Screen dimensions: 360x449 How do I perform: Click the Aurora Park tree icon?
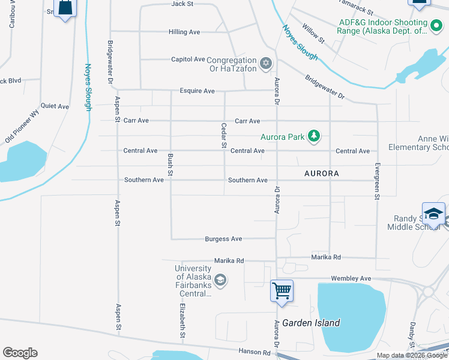coord(313,136)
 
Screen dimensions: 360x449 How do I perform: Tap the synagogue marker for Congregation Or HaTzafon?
coord(266,63)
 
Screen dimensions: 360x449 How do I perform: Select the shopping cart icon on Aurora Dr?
coord(282,290)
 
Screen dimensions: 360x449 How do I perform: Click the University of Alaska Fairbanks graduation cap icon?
coord(220,280)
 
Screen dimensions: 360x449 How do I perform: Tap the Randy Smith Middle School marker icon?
coord(433,214)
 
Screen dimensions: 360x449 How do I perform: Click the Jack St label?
coord(182,4)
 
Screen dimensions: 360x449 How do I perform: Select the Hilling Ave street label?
coord(184,32)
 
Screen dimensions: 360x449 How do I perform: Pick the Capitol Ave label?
coord(188,59)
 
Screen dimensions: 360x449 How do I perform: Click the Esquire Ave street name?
coord(197,91)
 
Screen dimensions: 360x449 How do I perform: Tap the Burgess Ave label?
coord(223,239)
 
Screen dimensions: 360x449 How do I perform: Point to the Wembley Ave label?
coord(351,279)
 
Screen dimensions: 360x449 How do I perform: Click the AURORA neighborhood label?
coord(322,173)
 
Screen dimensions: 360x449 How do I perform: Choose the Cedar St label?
coord(223,136)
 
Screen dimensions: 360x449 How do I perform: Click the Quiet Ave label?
coord(55,106)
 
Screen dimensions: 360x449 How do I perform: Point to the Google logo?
coord(20,353)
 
